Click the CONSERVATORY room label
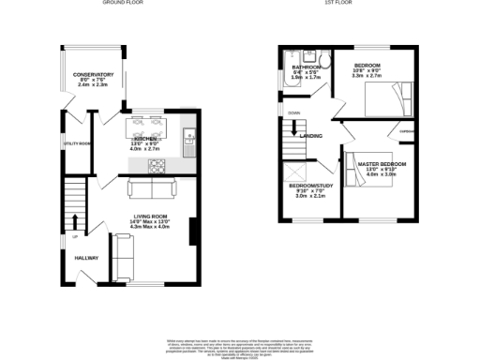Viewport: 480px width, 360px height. (94, 74)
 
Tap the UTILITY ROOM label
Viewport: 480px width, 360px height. (77, 143)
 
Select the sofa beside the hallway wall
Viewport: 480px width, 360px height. (122, 250)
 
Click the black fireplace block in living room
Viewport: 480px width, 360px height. (192, 231)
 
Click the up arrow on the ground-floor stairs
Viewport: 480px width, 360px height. (76, 221)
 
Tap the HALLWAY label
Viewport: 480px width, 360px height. (87, 258)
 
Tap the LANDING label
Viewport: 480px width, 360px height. (310, 136)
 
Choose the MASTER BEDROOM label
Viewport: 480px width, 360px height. (382, 165)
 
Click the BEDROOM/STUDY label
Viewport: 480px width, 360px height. (309, 186)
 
